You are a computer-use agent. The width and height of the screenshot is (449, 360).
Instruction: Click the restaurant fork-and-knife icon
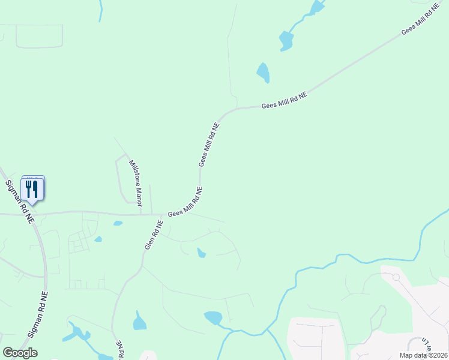coord(32,190)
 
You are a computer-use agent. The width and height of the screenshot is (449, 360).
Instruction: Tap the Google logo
coord(20,353)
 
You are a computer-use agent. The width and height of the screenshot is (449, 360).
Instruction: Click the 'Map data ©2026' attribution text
coord(423,355)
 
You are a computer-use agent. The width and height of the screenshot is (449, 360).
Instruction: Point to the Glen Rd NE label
coord(154,235)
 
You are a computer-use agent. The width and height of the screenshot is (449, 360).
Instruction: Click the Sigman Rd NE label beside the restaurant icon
coord(19,202)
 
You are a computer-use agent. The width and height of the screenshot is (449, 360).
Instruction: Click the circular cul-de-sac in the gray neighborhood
coord(396,277)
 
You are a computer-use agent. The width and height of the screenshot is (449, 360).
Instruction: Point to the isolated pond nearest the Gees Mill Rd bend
coord(263,73)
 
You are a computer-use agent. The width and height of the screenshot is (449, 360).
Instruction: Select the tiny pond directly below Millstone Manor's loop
coord(118,223)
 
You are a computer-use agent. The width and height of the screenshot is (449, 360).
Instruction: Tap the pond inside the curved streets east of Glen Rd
coord(201,253)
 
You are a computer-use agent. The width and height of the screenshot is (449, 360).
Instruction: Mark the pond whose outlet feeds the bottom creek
coord(213,317)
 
